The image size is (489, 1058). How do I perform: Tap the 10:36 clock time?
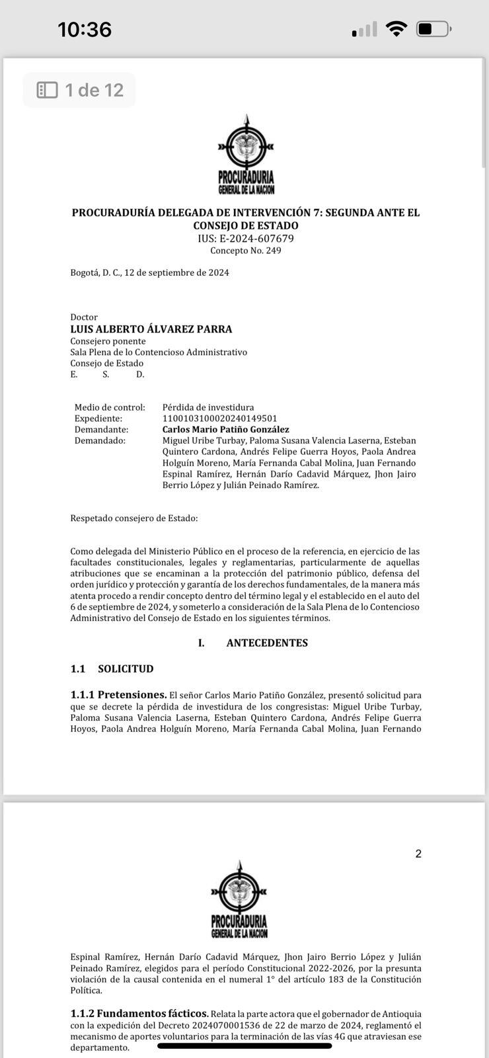tap(85, 29)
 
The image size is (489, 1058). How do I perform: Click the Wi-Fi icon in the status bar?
tap(396, 29)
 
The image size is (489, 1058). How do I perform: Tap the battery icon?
tap(433, 29)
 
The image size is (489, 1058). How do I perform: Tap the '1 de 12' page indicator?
tap(80, 90)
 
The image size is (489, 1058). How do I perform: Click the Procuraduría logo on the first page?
tap(246, 156)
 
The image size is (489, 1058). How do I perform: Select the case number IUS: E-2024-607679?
tap(246, 239)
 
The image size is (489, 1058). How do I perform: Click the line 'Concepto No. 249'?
tap(246, 251)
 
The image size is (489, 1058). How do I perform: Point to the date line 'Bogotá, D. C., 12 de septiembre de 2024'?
tap(149, 272)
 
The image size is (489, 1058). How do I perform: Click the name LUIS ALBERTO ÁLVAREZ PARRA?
tap(151, 329)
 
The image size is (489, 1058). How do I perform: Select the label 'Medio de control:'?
tap(110, 407)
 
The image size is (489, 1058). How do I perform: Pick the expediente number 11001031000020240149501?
tap(219, 419)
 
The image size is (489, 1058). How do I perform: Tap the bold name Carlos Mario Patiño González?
tap(225, 430)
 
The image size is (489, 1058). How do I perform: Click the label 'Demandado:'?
tap(100, 441)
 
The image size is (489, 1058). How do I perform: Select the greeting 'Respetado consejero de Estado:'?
tap(134, 518)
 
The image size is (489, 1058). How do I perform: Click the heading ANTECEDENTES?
tap(267, 643)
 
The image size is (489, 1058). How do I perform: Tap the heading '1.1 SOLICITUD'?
tap(112, 669)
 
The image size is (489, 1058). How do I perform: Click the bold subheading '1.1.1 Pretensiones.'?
tap(118, 695)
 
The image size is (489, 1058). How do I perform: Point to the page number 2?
tap(418, 854)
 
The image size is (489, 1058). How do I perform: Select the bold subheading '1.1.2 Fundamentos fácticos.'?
tap(139, 1014)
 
